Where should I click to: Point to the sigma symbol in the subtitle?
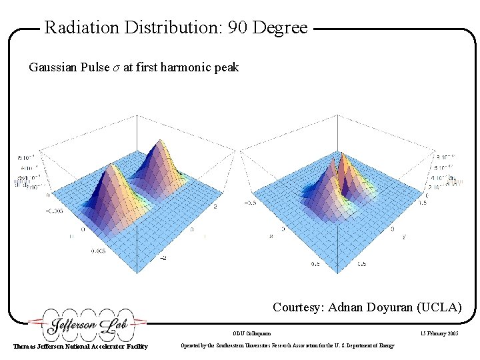click(117, 68)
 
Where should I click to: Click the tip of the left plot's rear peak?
click(159, 140)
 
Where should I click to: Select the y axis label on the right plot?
click(404, 237)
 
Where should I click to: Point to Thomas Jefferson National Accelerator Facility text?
click(81, 346)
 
